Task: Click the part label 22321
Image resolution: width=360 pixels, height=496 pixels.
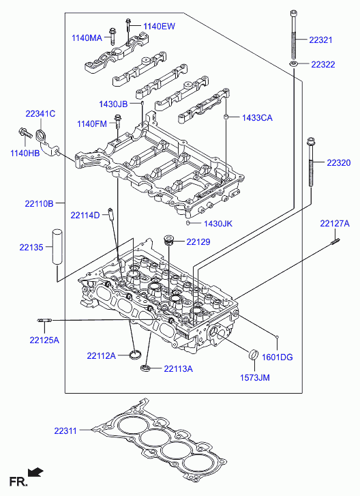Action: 320,40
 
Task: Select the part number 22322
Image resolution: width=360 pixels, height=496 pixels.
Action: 323,65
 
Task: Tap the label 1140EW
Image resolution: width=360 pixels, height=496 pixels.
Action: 159,26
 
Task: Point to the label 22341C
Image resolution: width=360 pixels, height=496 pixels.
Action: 40,113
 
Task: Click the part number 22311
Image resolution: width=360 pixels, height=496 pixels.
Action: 65,431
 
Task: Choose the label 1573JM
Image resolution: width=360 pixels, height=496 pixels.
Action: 255,378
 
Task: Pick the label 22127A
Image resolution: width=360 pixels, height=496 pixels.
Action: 335,224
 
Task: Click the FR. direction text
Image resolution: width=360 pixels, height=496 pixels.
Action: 18,482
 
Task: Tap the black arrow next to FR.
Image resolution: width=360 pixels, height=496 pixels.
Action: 35,472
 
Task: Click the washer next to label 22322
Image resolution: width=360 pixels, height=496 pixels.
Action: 294,64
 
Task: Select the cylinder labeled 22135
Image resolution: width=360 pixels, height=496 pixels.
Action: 57,247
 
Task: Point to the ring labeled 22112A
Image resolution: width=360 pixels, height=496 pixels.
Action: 136,355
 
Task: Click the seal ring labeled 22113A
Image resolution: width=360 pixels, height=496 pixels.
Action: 145,368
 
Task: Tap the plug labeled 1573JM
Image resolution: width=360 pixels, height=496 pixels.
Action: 254,354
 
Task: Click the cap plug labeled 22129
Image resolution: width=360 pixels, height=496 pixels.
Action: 168,240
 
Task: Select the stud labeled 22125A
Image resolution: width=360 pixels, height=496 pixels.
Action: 44,321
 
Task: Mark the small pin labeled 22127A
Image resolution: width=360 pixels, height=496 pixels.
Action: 335,242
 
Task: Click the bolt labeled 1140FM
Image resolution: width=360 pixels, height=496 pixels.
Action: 118,121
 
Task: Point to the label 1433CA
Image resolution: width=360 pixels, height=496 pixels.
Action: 257,118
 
